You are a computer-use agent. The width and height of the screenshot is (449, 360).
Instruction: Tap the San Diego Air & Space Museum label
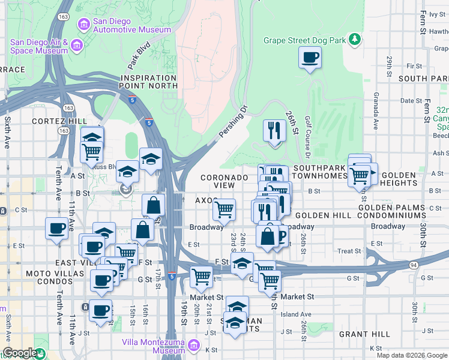point(39,46)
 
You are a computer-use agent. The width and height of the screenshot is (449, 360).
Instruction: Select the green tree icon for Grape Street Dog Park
point(355,39)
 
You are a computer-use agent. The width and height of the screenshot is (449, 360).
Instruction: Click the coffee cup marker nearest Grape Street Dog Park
point(310,58)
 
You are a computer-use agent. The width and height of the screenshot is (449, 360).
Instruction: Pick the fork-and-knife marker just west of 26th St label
point(274,130)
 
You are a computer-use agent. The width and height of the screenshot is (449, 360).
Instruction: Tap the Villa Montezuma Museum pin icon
point(193,346)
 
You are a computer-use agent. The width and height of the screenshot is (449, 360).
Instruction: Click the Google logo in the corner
point(20,353)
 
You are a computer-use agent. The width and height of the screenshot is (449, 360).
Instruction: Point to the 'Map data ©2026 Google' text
point(412,355)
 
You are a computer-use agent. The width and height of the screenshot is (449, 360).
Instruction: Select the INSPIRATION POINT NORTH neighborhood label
point(149,82)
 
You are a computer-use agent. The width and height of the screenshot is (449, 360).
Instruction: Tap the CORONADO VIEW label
point(224,182)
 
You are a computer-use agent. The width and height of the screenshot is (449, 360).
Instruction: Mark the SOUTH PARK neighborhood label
point(420,79)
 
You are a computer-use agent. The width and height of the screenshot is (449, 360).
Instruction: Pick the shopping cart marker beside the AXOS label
point(224,210)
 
